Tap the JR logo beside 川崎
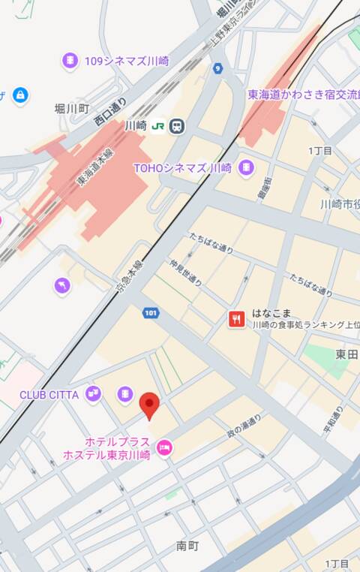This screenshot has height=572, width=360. [x=157, y=126]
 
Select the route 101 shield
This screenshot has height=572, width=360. [x=151, y=312]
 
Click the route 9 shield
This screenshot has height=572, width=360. [x=217, y=69]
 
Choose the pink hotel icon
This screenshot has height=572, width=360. [x=163, y=448]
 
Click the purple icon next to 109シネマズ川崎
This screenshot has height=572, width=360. [x=70, y=61]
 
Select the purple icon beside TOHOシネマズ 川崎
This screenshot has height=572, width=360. [x=245, y=169]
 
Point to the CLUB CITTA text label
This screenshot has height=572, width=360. [x=50, y=394]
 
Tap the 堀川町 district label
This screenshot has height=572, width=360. [x=72, y=109]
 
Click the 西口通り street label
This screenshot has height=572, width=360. [x=109, y=110]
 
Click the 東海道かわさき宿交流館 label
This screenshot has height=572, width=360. [x=303, y=95]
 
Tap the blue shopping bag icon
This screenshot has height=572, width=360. [x=21, y=95]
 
